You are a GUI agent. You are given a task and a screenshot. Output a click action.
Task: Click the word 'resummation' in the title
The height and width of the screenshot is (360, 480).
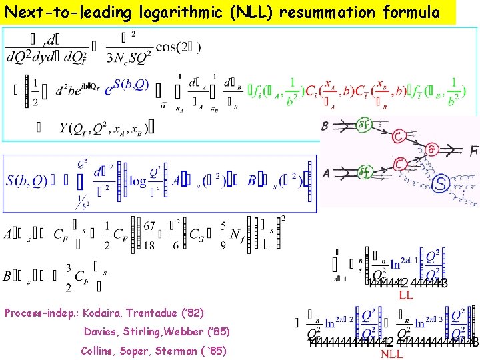pyautogui.click(x=315, y=12)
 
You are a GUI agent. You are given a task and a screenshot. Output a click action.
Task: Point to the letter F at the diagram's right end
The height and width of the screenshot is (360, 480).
pyautogui.click(x=474, y=151)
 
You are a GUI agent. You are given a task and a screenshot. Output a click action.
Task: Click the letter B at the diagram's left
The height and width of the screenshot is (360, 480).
pyautogui.click(x=325, y=127)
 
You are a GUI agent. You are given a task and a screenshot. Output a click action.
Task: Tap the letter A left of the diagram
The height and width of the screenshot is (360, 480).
pyautogui.click(x=325, y=173)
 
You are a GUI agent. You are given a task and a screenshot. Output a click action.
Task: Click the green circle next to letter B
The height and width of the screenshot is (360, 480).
pyautogui.click(x=364, y=124)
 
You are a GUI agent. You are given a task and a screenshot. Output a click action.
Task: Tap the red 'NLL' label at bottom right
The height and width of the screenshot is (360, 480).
pyautogui.click(x=391, y=354)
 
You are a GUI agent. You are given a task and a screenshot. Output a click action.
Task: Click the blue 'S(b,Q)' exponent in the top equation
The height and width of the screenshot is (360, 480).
pyautogui.click(x=131, y=85)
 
